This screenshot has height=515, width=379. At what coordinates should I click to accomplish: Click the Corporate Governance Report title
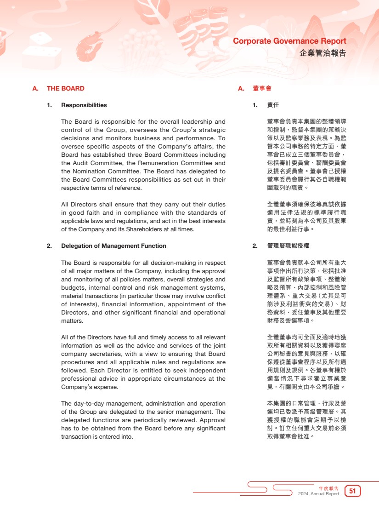tap(289, 41)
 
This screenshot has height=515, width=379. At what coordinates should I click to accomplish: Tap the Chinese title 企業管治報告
tap(322, 53)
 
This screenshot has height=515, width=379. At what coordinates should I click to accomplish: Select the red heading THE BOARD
tap(66, 88)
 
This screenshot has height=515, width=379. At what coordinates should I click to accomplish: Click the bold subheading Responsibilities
tap(84, 105)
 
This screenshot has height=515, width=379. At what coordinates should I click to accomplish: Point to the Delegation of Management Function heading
tap(113, 246)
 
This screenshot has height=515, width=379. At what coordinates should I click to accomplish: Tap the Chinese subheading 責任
tap(273, 105)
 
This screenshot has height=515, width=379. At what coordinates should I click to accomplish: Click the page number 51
tap(353, 491)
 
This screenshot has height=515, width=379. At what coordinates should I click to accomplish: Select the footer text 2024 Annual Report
tap(318, 494)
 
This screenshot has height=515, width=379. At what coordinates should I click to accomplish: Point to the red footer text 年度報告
tap(329, 488)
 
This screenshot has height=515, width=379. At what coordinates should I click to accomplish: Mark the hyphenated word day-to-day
tap(89, 404)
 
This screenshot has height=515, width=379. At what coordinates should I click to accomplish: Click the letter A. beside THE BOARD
tap(35, 88)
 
